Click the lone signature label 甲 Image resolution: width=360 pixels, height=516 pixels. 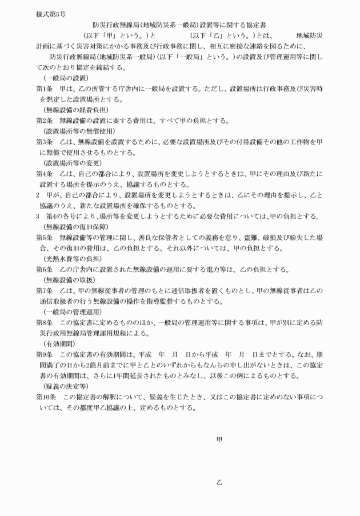[219, 439]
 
